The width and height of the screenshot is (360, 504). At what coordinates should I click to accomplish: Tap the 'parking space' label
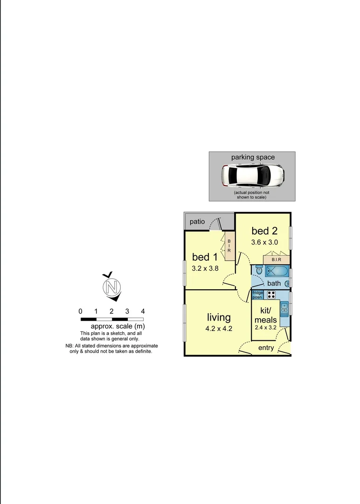(253, 157)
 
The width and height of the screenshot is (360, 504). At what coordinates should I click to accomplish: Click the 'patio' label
(197, 222)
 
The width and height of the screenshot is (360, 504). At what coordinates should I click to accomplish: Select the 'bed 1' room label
(205, 257)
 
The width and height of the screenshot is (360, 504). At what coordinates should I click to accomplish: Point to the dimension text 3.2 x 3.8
(205, 268)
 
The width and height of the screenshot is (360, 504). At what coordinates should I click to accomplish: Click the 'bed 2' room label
(264, 231)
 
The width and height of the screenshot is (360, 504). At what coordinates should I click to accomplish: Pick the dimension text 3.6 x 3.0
(264, 242)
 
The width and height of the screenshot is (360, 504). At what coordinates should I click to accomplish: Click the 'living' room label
(219, 317)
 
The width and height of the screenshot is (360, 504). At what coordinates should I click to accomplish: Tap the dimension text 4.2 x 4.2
(219, 329)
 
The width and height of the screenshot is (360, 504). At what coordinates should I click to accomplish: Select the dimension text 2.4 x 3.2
(266, 328)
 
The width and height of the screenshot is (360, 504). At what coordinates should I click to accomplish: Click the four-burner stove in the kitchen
(271, 294)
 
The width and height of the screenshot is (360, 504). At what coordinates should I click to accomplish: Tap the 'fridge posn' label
(258, 294)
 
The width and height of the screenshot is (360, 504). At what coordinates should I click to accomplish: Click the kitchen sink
(284, 308)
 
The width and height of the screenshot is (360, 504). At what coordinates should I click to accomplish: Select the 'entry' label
(266, 348)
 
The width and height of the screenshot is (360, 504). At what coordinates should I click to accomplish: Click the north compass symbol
(111, 287)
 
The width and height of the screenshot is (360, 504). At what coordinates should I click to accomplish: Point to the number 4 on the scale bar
(143, 311)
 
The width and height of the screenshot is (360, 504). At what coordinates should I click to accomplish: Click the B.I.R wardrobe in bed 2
(277, 259)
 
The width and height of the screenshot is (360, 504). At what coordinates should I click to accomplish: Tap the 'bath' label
(274, 283)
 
